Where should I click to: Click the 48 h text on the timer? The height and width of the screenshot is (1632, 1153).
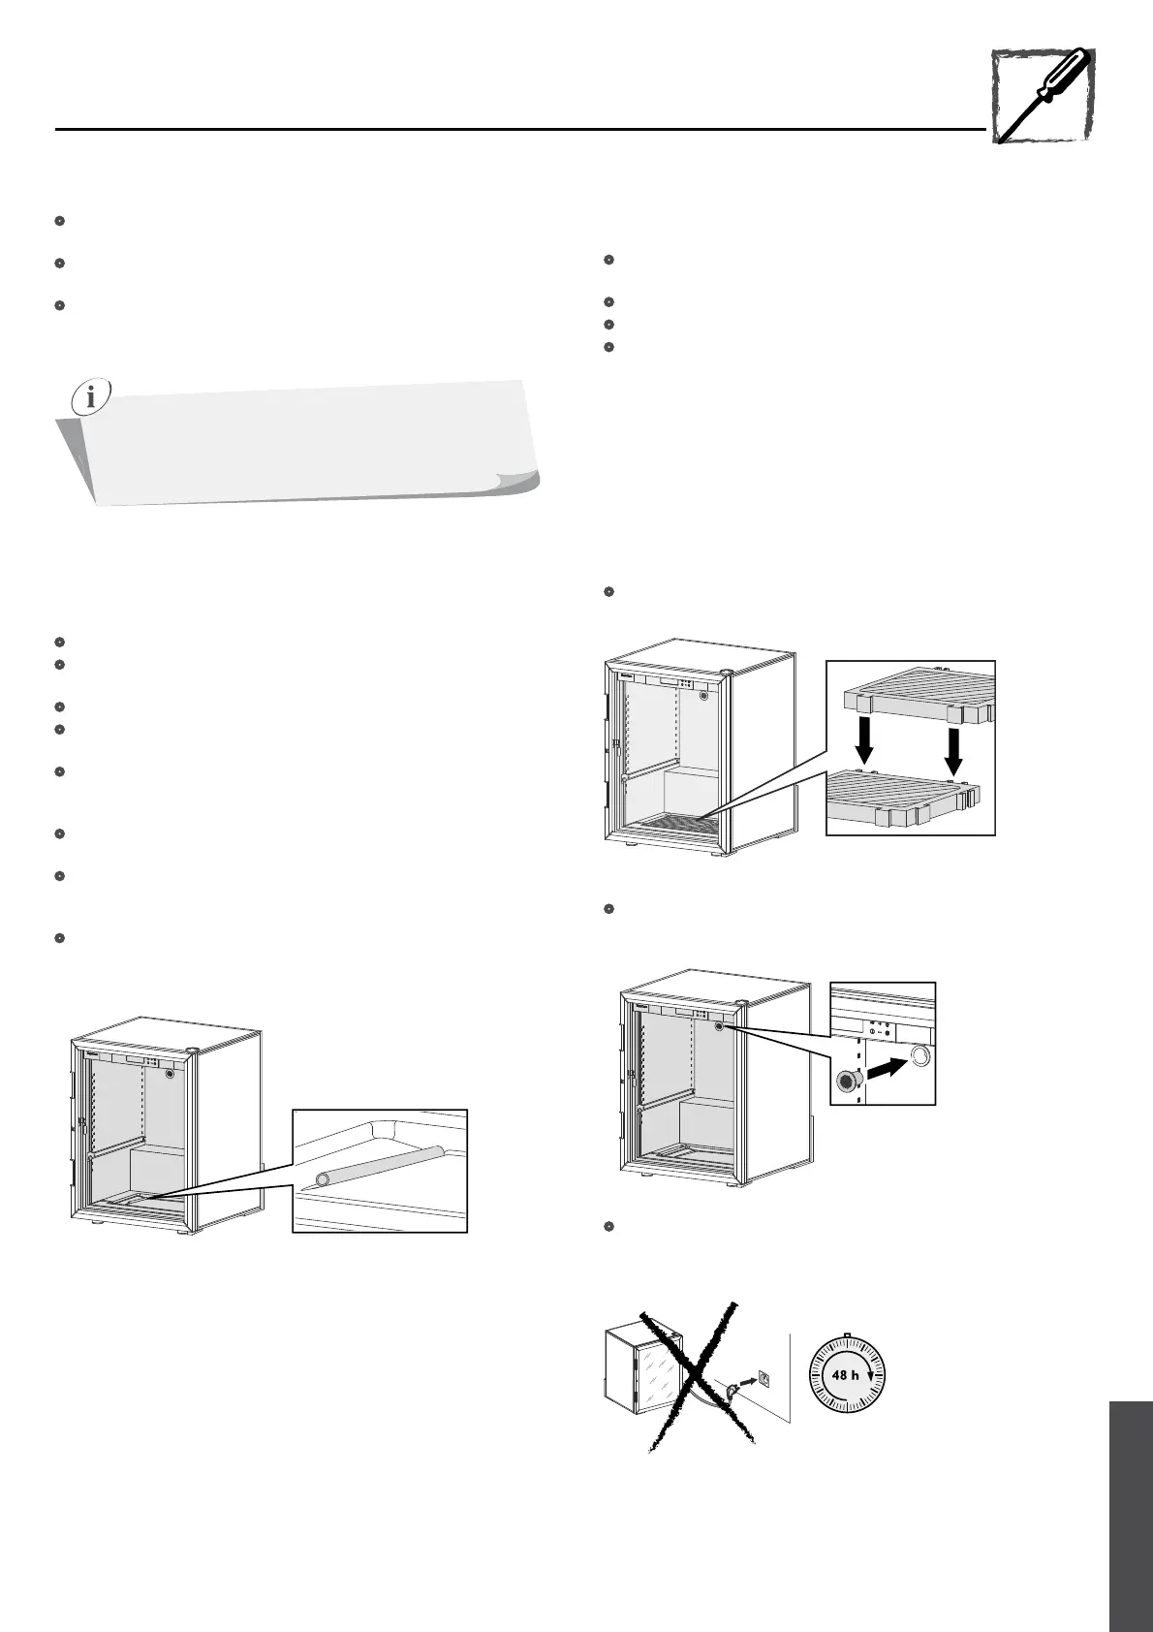846,1374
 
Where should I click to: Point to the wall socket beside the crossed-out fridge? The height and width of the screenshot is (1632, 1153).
763,1377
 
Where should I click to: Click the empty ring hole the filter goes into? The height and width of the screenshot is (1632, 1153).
919,1054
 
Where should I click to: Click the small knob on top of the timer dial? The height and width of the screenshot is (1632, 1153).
846,1334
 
